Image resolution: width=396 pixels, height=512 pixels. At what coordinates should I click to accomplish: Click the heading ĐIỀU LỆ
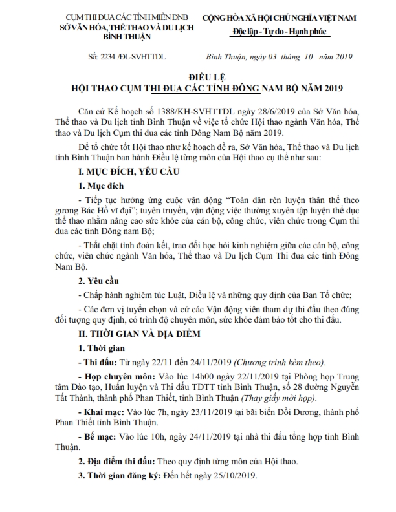pos(197,77)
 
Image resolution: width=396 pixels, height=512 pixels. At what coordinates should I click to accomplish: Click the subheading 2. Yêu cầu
pos(102,281)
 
